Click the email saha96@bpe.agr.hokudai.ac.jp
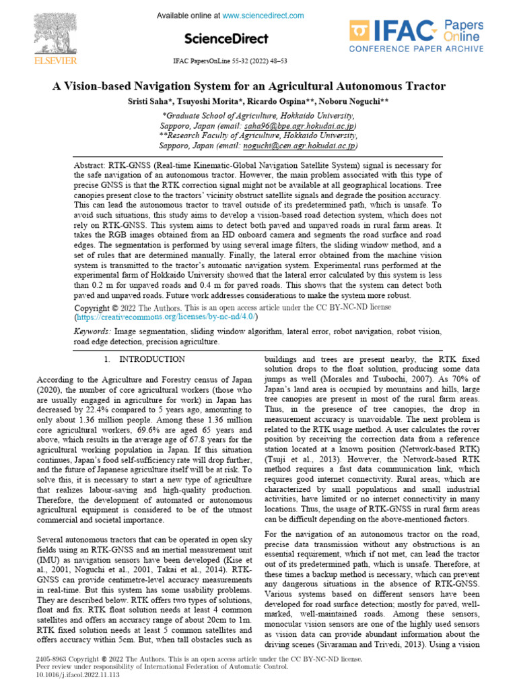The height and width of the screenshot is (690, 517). pyautogui.click(x=296, y=126)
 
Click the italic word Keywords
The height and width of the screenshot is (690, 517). pyautogui.click(x=92, y=332)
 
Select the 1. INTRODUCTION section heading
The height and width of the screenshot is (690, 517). pyautogui.click(x=144, y=360)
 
